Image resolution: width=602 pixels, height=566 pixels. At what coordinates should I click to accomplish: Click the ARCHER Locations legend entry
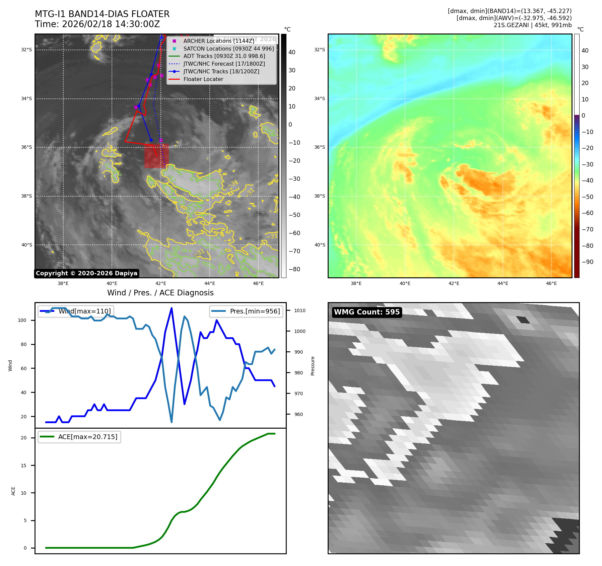218,41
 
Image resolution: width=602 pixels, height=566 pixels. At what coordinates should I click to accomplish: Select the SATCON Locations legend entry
228,49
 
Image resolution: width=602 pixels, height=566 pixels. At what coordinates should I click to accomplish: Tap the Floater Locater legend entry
203,79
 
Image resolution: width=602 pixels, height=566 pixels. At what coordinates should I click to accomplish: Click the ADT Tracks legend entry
224,56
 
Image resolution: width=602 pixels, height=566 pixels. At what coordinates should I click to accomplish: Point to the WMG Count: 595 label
367,312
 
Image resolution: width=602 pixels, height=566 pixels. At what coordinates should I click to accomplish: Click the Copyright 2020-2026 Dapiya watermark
86,273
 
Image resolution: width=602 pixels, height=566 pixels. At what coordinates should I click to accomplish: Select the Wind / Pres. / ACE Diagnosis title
160,293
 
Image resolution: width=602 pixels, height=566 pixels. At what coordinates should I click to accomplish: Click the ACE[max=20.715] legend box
79,437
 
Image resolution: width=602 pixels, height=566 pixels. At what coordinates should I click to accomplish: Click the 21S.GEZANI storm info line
532,25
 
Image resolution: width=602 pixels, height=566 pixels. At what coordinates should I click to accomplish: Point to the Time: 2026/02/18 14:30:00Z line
97,24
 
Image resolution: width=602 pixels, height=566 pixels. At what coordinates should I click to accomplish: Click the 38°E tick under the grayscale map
63,283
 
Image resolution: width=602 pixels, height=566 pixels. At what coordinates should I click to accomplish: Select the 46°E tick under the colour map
551,283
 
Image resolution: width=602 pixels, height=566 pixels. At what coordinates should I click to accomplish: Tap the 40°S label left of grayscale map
27,245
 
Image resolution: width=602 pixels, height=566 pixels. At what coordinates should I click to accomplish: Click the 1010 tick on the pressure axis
300,310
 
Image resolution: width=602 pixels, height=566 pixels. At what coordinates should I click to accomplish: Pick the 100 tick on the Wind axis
22,320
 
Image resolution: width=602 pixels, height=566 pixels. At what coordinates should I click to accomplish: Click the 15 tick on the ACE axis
23,466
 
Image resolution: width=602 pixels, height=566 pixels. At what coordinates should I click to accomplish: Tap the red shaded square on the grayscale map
156,156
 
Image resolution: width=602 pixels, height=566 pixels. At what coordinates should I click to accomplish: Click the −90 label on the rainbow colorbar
587,262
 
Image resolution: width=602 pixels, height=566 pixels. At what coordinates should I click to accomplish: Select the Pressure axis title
313,366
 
